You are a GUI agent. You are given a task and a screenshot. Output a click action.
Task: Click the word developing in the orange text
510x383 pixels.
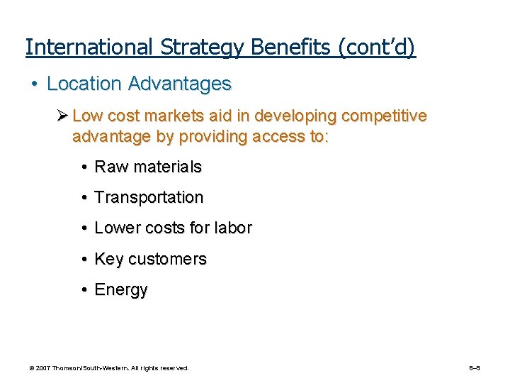pos(286,116)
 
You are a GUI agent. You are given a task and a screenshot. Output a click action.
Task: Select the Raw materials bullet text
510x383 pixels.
pos(148,167)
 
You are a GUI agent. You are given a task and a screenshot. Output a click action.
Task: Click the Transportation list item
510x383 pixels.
pos(149,198)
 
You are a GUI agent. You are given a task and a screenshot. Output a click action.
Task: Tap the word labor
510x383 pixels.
pos(232,228)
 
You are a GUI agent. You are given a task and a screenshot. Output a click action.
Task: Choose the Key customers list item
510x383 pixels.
pos(150,260)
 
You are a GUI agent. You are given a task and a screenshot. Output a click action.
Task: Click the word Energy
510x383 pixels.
pos(121,290)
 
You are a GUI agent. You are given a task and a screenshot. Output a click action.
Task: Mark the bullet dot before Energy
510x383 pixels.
pos(84,290)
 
